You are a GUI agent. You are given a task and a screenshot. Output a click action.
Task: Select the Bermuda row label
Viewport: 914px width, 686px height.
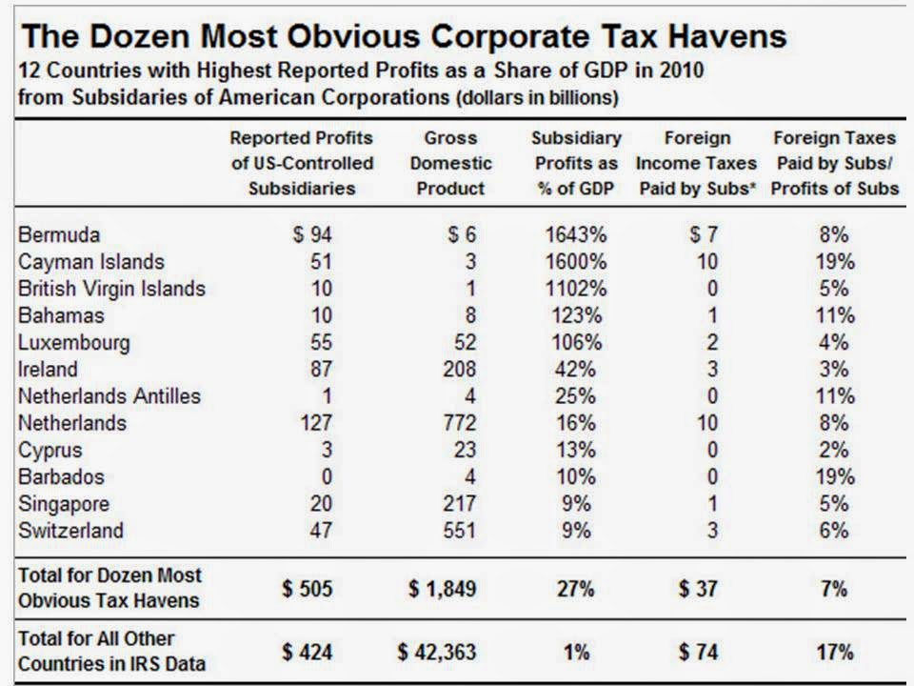point(59,234)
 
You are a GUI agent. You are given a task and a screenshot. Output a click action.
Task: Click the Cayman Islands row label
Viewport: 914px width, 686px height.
point(91,261)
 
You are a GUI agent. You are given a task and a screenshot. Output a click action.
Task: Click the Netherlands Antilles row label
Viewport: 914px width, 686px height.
point(109,395)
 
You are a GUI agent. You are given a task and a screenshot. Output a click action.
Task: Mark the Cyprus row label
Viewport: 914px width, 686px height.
point(50,450)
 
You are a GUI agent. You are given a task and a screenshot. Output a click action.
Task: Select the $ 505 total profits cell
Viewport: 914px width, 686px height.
point(307,589)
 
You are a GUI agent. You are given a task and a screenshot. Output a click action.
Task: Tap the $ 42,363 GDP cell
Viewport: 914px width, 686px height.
point(437,653)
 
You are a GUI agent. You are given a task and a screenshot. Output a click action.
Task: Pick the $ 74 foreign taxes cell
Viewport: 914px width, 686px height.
point(698,653)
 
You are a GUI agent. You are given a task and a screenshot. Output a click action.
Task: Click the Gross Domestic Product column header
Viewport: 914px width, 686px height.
point(450,163)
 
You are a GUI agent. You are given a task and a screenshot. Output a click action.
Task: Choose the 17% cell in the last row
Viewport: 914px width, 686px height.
point(834,653)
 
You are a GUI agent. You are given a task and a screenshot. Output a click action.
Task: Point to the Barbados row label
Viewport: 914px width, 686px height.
point(62,476)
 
